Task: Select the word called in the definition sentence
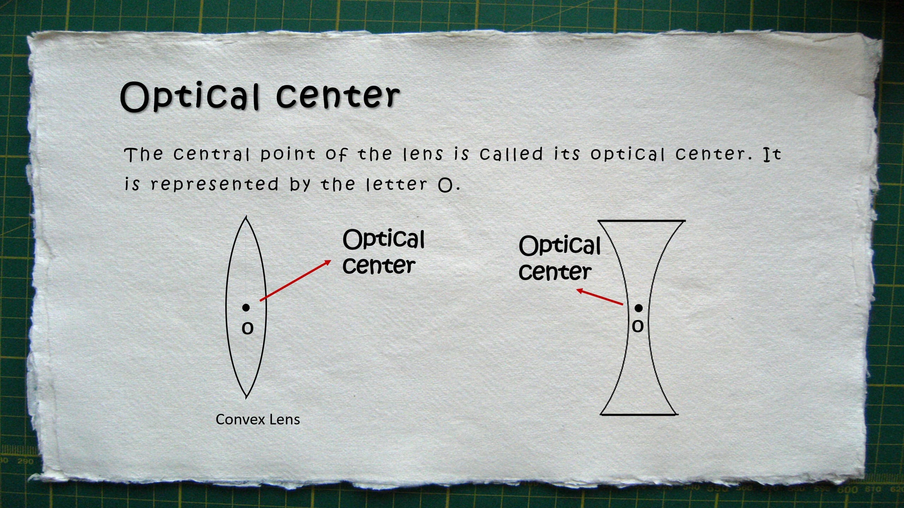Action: click(x=511, y=154)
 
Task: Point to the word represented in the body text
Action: click(x=215, y=185)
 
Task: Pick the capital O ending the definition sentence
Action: click(x=445, y=185)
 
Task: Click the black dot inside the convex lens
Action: click(x=246, y=308)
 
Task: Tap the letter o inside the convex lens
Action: click(x=248, y=328)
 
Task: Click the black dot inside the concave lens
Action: click(x=638, y=308)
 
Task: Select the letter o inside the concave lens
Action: click(x=637, y=326)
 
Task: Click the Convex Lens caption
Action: click(x=258, y=419)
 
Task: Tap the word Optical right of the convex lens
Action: click(x=383, y=240)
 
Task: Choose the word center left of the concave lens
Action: click(x=555, y=272)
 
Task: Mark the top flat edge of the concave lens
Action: click(x=641, y=221)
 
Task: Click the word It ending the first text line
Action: click(x=772, y=154)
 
